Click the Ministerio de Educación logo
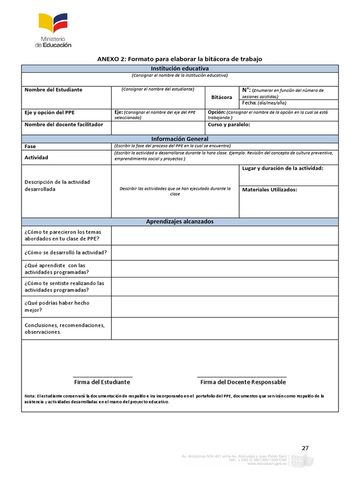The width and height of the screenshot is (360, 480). click(x=53, y=30)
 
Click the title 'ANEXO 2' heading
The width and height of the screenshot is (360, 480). click(x=180, y=59)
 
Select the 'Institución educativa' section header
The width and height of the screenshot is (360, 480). click(x=180, y=68)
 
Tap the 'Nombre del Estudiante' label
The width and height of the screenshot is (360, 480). click(x=53, y=90)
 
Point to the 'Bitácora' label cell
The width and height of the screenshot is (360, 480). click(x=222, y=97)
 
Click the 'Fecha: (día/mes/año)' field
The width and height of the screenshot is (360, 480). click(x=264, y=103)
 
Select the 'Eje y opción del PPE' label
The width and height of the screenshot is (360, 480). click(x=50, y=112)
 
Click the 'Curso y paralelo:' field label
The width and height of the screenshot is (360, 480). click(x=229, y=125)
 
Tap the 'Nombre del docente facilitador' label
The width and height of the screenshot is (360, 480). click(x=64, y=125)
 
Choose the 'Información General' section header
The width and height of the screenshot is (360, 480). click(x=180, y=139)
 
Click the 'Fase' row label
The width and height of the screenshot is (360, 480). click(x=30, y=146)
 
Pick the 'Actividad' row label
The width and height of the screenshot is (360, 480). click(x=37, y=157)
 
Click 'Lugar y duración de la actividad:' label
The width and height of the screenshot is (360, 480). click(x=282, y=168)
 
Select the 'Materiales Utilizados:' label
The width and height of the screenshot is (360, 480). click(x=270, y=190)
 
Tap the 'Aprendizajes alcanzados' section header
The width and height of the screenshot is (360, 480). click(x=180, y=221)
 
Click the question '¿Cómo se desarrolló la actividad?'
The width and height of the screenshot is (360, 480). click(x=66, y=253)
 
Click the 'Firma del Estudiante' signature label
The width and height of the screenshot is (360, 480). click(x=102, y=382)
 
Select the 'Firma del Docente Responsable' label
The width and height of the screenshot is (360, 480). click(x=243, y=382)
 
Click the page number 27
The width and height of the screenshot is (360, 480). click(x=305, y=448)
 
